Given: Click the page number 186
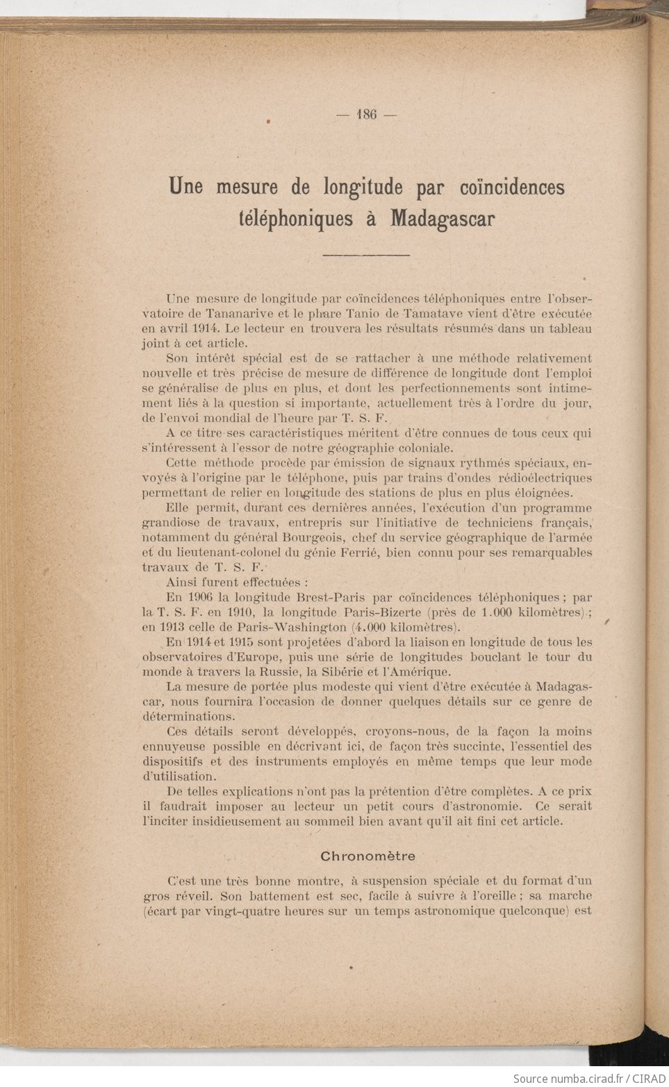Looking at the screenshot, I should pyautogui.click(x=366, y=115).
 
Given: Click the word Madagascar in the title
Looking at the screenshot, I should pyautogui.click(x=443, y=219).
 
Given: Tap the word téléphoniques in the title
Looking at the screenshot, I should pyautogui.click(x=295, y=219).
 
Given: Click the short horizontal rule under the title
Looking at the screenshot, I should pyautogui.click(x=366, y=255).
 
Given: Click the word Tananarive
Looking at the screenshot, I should pyautogui.click(x=244, y=313).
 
